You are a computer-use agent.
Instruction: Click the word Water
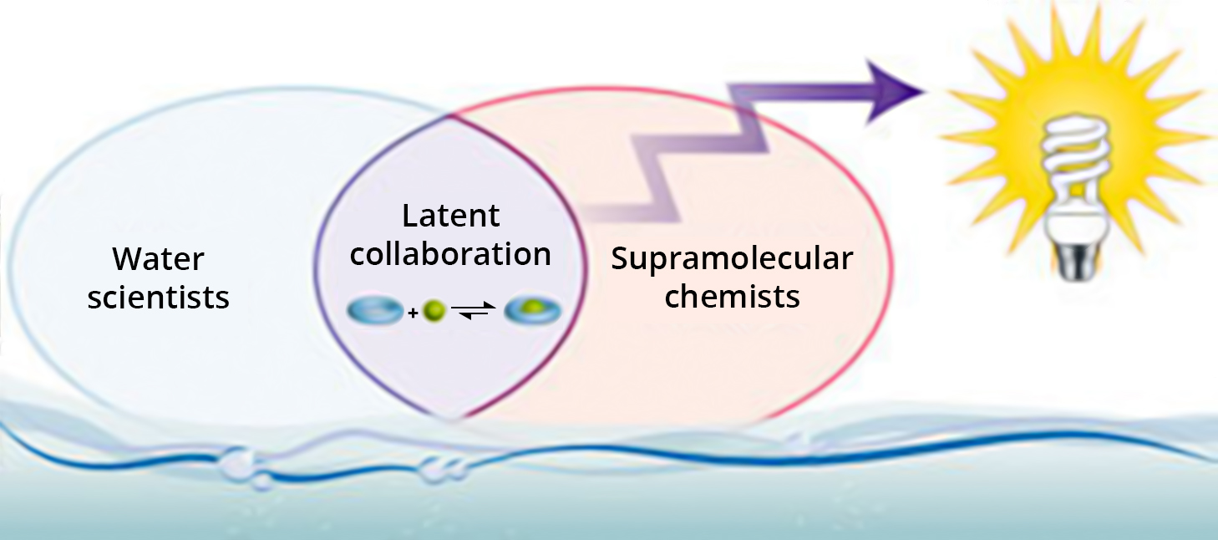(158, 259)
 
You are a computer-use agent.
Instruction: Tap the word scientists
(158, 298)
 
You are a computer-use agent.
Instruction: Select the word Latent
(451, 216)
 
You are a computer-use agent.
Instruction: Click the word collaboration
(451, 254)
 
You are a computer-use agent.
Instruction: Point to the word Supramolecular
(732, 258)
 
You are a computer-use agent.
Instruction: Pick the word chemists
(732, 297)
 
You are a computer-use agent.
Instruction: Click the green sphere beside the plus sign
(433, 313)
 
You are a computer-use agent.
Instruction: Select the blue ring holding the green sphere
(533, 313)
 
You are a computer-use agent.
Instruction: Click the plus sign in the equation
(413, 314)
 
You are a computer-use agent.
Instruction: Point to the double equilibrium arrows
(474, 313)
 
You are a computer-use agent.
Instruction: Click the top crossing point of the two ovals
(452, 112)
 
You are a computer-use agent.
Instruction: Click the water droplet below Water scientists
(242, 462)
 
